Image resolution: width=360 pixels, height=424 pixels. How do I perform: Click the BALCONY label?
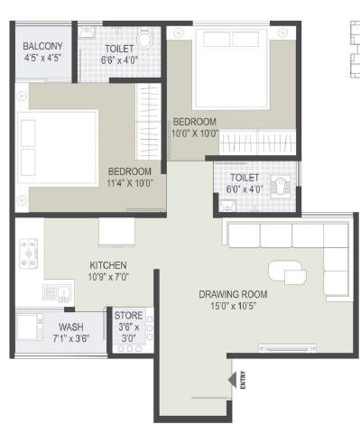(x=43, y=46)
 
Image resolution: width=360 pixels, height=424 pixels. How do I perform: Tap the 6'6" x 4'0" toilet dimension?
(x=119, y=60)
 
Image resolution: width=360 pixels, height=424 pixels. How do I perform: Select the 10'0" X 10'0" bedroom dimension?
(x=195, y=134)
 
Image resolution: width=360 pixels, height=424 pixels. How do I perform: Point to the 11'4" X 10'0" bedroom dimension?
(x=130, y=183)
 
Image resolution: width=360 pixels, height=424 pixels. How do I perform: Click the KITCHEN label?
(x=108, y=265)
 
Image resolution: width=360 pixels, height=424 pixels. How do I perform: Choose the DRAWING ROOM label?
(x=233, y=294)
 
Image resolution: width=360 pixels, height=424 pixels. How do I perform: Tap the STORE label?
(x=128, y=316)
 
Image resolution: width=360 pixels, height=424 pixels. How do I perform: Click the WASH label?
(x=71, y=327)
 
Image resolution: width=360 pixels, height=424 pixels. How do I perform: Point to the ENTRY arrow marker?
(x=233, y=380)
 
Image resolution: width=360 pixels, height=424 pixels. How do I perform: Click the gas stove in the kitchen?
(x=29, y=253)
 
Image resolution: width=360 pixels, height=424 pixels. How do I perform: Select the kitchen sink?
(x=57, y=293)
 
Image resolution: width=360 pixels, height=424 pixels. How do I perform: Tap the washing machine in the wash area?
(x=30, y=327)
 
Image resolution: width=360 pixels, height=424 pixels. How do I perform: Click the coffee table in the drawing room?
(x=287, y=272)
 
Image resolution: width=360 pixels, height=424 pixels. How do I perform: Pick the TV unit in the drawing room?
(x=287, y=348)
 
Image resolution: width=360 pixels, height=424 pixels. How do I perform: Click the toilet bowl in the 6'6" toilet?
(x=144, y=37)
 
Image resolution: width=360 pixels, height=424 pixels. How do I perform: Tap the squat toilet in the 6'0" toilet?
(x=281, y=186)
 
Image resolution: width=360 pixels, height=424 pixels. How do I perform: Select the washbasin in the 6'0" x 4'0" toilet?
(x=227, y=206)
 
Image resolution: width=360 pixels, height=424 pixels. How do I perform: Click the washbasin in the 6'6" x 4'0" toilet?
(x=88, y=32)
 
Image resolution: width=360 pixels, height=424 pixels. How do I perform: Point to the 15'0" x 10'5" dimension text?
(x=233, y=306)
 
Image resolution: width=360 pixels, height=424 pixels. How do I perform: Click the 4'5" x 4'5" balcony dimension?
(x=43, y=58)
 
